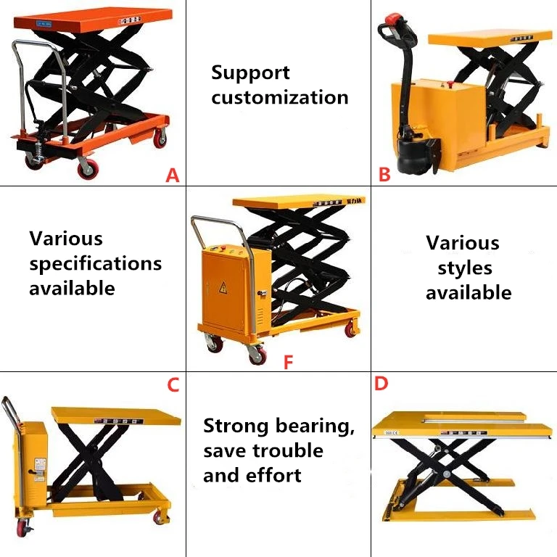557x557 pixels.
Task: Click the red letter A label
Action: [x=172, y=175]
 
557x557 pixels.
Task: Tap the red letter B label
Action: [x=384, y=174]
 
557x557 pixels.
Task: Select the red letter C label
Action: [x=173, y=385]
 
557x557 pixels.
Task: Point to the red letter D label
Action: [x=381, y=384]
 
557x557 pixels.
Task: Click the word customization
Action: [x=280, y=98]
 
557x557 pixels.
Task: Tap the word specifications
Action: [x=96, y=263]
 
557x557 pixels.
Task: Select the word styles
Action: [x=465, y=268]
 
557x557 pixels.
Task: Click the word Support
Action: [x=250, y=73]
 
